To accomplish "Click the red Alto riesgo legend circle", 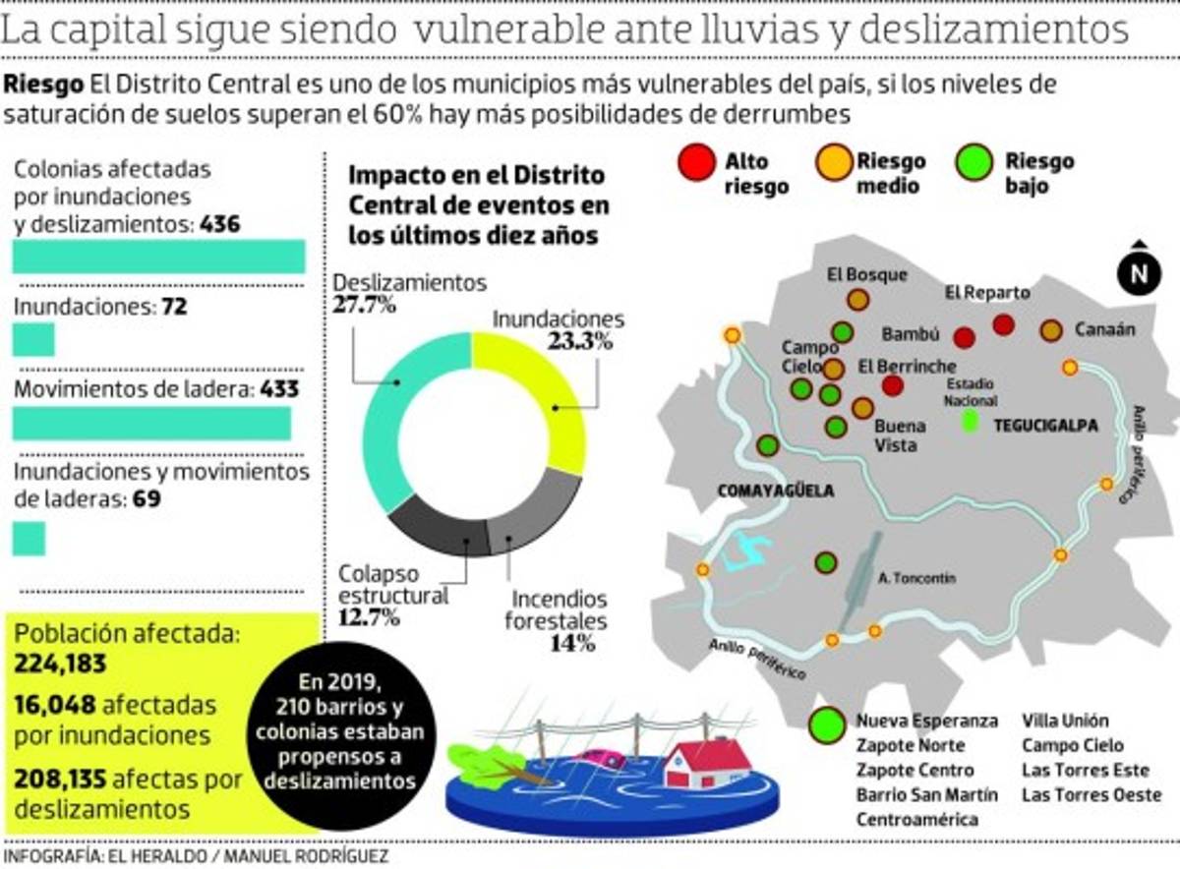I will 696,162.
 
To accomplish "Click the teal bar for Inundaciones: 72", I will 33,339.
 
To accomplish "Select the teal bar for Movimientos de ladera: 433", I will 151,424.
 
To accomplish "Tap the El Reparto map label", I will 987,292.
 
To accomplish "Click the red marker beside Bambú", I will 964,337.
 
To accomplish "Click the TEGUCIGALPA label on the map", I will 1044,425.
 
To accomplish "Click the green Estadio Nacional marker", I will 971,423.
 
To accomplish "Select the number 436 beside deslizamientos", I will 219,224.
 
